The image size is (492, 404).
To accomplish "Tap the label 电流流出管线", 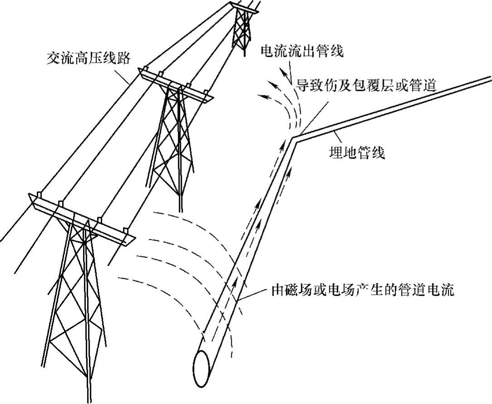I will (302, 51).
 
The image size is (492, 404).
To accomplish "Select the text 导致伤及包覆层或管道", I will (366, 85).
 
